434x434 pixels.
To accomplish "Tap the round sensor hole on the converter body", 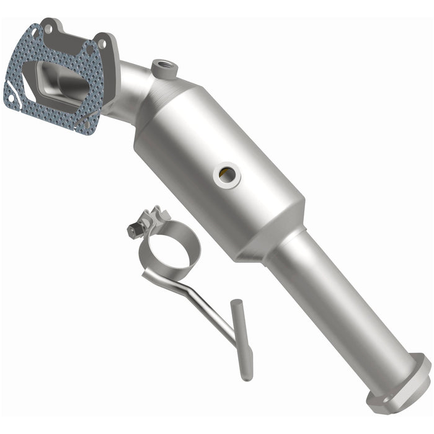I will coord(227,175).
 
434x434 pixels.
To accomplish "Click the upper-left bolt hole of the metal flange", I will coord(47,28).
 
